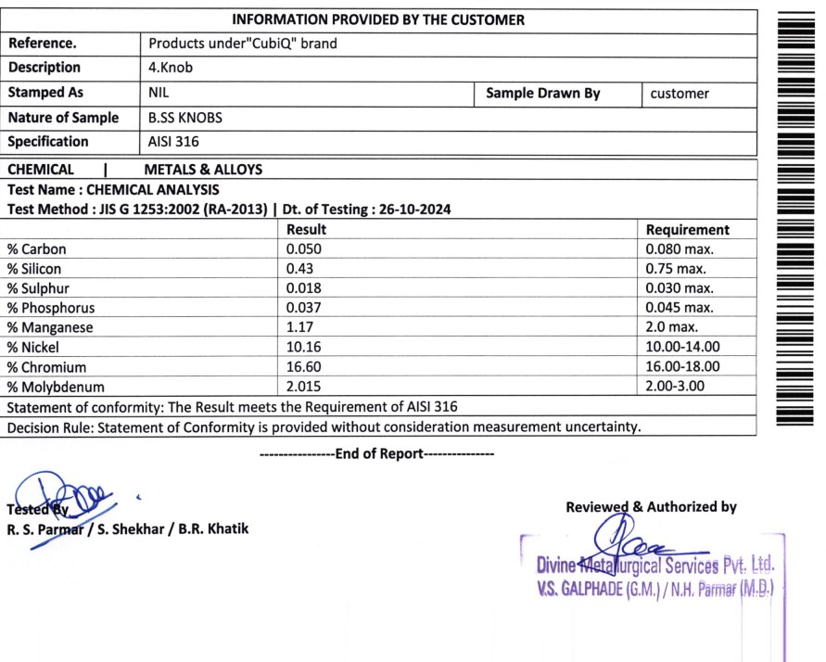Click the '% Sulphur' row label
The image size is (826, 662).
pos(38,288)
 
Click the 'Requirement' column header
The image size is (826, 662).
pos(687,230)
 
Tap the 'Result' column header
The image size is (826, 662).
pos(306,230)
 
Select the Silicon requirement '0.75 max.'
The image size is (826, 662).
pos(676,269)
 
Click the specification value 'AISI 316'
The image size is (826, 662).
pos(173,142)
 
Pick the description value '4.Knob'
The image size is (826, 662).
pos(171,68)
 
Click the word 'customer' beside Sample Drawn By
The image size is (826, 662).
pos(680,93)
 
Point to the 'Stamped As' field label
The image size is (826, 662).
pos(45,93)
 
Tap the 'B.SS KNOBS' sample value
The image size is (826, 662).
pos(185,118)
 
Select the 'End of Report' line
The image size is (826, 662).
pos(378,454)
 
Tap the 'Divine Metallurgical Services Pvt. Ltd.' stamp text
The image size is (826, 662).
pos(654,565)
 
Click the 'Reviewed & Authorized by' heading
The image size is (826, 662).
pos(651,507)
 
